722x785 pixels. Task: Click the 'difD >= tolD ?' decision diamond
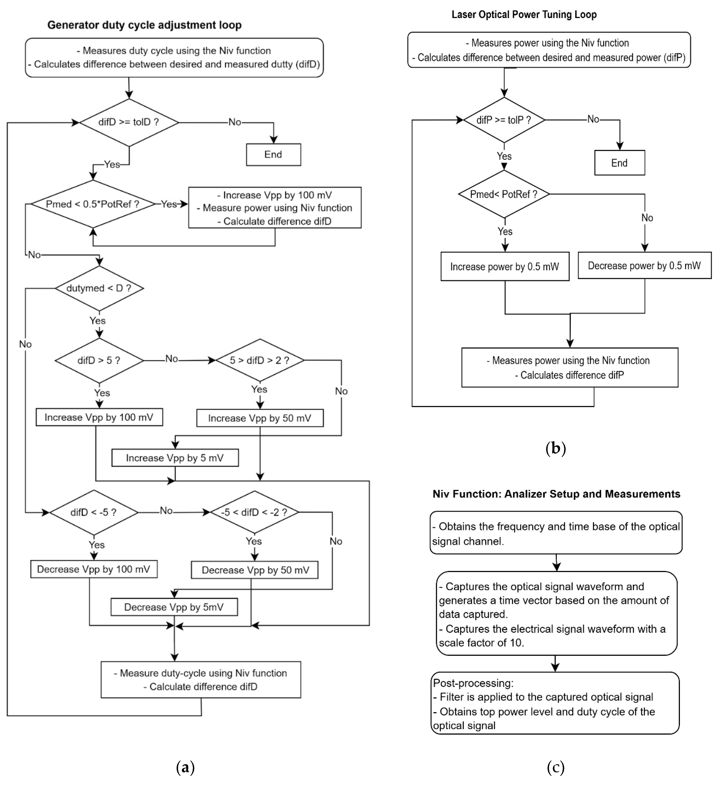(129, 122)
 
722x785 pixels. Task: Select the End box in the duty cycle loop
(273, 155)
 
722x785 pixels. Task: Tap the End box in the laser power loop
(619, 163)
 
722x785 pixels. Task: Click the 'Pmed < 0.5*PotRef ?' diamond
(93, 204)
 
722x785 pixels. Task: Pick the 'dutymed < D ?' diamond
(99, 289)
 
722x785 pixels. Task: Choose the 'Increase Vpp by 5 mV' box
(175, 458)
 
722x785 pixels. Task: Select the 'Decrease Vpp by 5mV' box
(174, 607)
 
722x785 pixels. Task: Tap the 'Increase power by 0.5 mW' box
(505, 267)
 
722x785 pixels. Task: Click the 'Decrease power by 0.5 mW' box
(644, 266)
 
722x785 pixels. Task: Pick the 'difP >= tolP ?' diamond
(504, 120)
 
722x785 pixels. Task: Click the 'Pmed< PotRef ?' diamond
(504, 194)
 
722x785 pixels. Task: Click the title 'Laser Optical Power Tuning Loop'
(524, 15)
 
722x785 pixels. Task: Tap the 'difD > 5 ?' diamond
(99, 361)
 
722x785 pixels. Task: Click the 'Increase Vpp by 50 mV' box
(260, 418)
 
